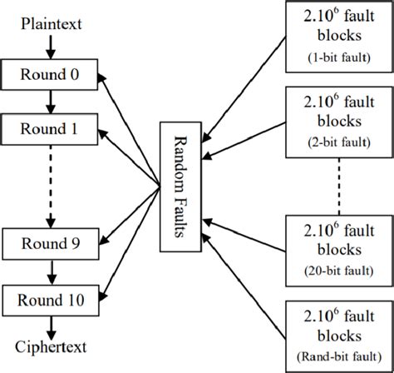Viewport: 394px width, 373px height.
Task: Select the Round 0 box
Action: (x=50, y=74)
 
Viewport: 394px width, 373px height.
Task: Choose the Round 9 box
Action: (x=50, y=243)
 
